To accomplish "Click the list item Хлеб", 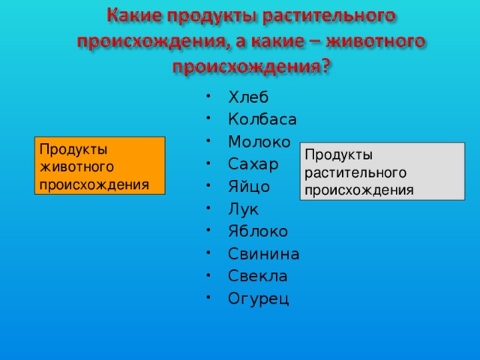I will click(x=248, y=97).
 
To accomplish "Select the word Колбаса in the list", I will click(x=262, y=119).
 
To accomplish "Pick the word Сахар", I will click(x=253, y=164).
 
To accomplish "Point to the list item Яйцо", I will click(x=249, y=187).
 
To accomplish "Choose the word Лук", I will click(x=243, y=209).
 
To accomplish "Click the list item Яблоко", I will click(x=258, y=231).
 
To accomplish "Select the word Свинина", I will click(x=264, y=253).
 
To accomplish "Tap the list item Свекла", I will click(x=258, y=276).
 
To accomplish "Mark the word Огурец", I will click(x=258, y=299).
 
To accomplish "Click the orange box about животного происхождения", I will click(x=100, y=166).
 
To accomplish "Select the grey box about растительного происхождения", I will click(x=382, y=172).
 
